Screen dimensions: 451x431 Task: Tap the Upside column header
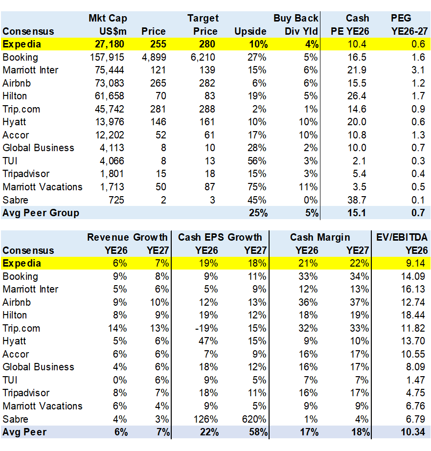250,31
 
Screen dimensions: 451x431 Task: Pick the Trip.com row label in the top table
22,109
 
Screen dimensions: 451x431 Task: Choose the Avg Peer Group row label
41,213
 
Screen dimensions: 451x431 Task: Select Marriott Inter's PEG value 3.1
419,70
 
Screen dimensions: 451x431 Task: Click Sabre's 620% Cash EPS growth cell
256,419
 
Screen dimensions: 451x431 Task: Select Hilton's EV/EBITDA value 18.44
415,315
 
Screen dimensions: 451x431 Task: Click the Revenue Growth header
127,237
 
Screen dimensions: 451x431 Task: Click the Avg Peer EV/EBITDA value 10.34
415,432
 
